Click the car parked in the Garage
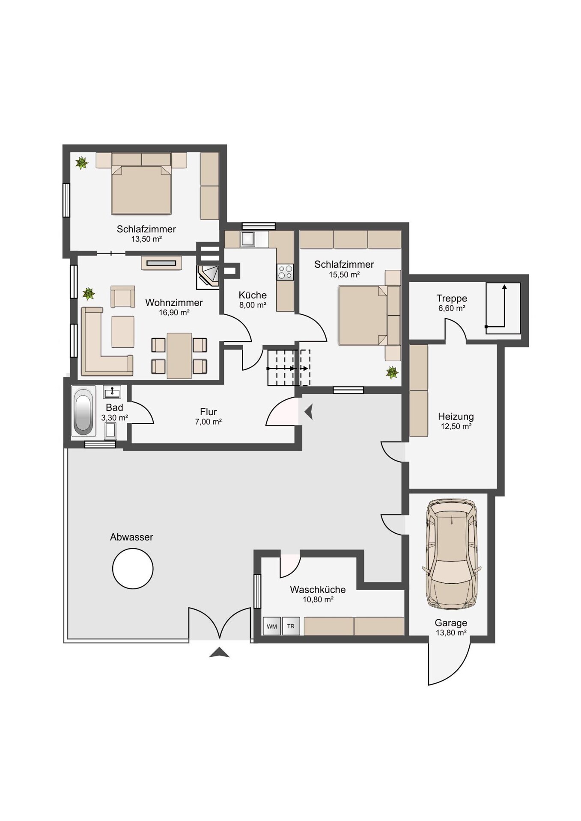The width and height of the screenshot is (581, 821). point(451,554)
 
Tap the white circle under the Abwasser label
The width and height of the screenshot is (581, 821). point(133,569)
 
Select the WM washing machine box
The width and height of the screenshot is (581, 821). point(272,626)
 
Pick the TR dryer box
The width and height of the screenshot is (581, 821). point(291,626)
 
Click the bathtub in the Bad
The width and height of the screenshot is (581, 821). point(83,411)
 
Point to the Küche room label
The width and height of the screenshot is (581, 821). point(253,295)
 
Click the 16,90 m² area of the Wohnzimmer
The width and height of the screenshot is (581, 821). point(174,313)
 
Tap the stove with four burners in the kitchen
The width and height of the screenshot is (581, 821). point(285,272)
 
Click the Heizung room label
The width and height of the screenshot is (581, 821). point(456,416)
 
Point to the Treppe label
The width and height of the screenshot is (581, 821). point(452,298)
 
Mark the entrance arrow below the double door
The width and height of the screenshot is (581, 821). point(219,652)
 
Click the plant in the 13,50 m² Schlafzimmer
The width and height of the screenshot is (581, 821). point(81,162)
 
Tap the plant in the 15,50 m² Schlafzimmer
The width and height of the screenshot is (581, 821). point(392,372)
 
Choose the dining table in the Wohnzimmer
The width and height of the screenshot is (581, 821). point(179,356)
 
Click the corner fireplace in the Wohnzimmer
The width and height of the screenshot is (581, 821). point(208,276)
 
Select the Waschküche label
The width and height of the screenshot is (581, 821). point(318,590)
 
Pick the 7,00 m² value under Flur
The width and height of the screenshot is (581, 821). point(208,422)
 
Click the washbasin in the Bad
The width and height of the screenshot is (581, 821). point(112,392)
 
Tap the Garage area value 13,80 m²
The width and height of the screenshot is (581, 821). point(451,633)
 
